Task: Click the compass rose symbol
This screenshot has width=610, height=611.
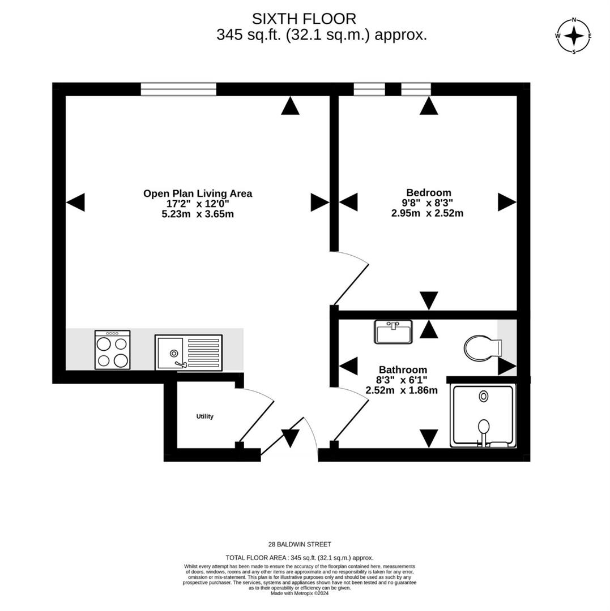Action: point(574,36)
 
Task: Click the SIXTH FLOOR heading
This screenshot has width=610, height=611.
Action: point(304,19)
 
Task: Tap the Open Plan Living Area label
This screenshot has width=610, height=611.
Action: point(197,193)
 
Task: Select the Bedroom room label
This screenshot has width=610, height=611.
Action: point(428,192)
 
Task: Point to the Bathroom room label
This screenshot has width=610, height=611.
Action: point(403,370)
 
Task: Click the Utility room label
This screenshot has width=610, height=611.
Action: point(204,416)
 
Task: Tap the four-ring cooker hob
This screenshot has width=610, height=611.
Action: point(112,350)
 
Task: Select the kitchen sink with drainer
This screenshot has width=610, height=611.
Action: point(189,352)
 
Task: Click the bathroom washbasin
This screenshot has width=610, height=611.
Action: point(393,332)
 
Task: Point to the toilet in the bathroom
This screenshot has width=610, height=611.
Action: point(481,347)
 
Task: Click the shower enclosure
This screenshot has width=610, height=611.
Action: point(483,415)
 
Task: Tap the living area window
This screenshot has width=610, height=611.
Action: point(178,89)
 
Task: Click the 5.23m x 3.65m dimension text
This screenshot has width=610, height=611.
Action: point(197,214)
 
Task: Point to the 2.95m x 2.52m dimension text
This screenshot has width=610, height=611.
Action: point(427,213)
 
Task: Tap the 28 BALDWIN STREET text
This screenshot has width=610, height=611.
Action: point(300,544)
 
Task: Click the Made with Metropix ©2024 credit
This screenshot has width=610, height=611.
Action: point(300,593)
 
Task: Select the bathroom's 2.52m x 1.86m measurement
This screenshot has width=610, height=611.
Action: point(402,390)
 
